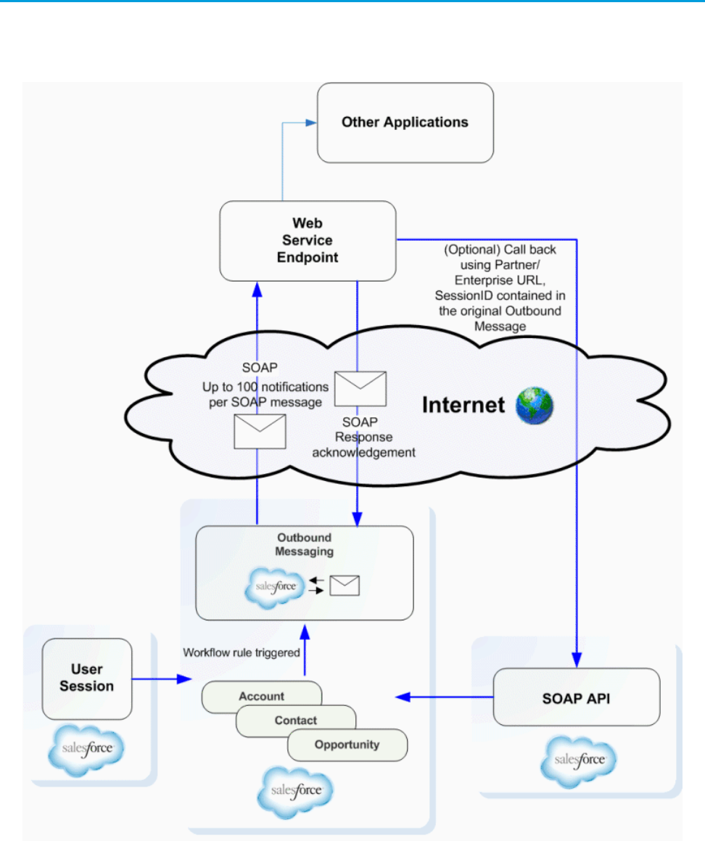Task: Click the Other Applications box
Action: (x=405, y=123)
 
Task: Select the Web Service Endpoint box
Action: (x=308, y=241)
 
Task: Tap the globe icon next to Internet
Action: (x=535, y=406)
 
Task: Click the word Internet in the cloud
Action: (x=463, y=405)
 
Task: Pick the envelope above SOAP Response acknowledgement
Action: (x=360, y=389)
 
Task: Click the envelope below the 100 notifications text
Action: (x=260, y=432)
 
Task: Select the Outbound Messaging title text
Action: (x=304, y=544)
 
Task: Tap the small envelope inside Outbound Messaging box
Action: (x=345, y=586)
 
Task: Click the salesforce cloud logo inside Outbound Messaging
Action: (x=275, y=587)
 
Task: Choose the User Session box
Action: (x=87, y=678)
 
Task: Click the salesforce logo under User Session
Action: (x=86, y=750)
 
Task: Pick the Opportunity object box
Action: (x=347, y=745)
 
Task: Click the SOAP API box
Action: (x=577, y=697)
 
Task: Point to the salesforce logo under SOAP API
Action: (x=579, y=761)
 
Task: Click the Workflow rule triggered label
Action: (x=242, y=653)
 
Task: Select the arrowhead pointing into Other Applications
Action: (x=311, y=123)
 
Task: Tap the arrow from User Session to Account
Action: (x=162, y=679)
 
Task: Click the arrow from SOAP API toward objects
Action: (x=445, y=697)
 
